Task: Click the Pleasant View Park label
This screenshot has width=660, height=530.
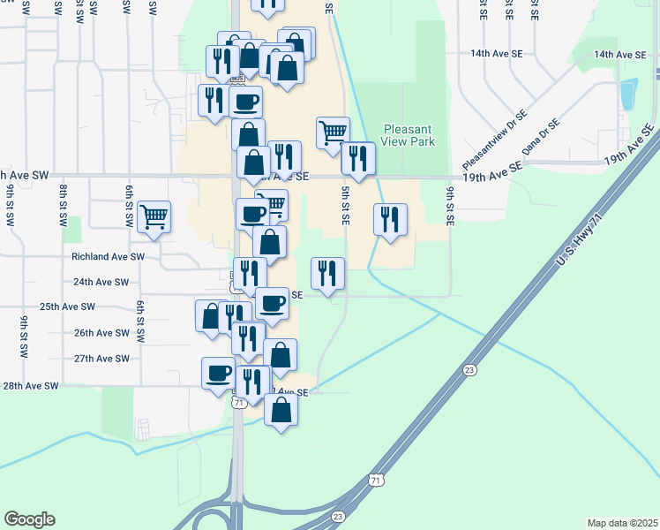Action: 409,134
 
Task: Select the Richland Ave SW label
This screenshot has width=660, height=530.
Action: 108,257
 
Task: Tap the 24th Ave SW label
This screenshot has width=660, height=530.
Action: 101,283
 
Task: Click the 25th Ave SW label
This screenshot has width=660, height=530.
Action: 67,307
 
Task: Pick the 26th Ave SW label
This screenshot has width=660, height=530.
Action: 101,333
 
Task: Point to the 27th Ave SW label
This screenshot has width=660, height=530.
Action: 101,359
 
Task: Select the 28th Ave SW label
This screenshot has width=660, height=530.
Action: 30,386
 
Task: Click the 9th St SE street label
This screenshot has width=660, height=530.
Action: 449,207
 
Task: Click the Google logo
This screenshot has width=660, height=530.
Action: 29,519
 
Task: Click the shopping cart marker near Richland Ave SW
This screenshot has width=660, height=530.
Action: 154,216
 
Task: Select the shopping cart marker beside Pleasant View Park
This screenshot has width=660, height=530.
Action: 333,132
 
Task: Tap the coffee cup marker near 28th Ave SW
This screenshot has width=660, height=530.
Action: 218,373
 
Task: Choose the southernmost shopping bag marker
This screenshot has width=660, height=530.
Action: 281,410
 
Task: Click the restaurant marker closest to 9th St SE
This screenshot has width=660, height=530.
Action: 390,219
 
